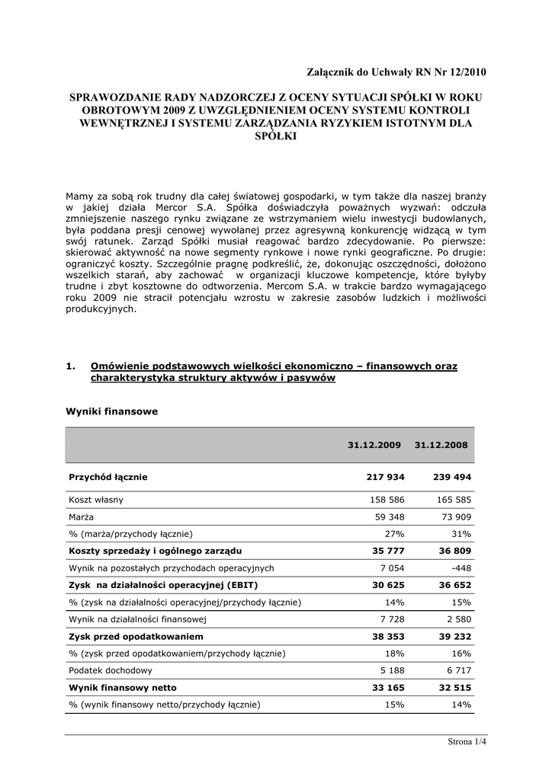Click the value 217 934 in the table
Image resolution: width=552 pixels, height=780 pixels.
385,477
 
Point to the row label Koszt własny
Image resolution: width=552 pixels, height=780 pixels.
96,500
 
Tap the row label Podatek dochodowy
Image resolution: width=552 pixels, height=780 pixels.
111,670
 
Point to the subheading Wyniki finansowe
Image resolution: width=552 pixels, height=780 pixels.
112,411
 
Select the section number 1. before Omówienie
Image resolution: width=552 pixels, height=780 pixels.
71,366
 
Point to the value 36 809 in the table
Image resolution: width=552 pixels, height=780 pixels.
454,551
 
